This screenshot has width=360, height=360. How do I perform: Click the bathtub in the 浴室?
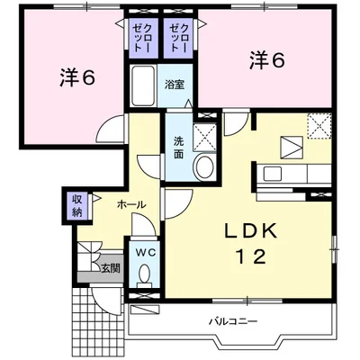(x=143, y=85)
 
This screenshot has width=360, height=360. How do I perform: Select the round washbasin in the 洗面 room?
(x=204, y=166)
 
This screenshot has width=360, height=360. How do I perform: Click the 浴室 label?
(x=174, y=85)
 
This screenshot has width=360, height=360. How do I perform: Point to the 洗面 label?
(x=179, y=148)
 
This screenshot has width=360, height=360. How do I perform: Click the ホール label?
(x=131, y=205)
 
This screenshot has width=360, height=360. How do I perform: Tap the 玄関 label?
(x=110, y=268)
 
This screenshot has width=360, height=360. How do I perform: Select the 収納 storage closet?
(x=77, y=205)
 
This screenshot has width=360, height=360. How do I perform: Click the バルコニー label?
(x=233, y=322)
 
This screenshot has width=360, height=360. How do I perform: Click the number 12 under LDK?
(x=251, y=256)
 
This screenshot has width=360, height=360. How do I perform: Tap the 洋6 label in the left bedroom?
(x=77, y=77)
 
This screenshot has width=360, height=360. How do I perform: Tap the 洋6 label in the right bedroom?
(x=266, y=60)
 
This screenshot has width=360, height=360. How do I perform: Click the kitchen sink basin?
(x=273, y=174)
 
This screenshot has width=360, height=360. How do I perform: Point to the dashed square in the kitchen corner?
(x=319, y=126)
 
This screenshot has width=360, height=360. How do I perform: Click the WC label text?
(x=145, y=253)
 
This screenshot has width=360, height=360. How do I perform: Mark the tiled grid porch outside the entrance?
(x=98, y=322)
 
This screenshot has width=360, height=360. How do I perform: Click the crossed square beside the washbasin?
(x=204, y=138)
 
